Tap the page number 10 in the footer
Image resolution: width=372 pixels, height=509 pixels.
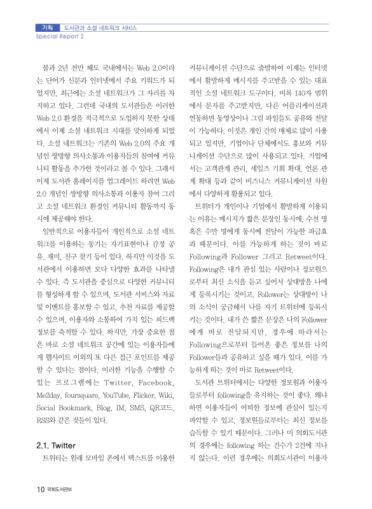pyautogui.click(x=39, y=489)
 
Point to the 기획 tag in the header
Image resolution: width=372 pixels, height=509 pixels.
pyautogui.click(x=46, y=28)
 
